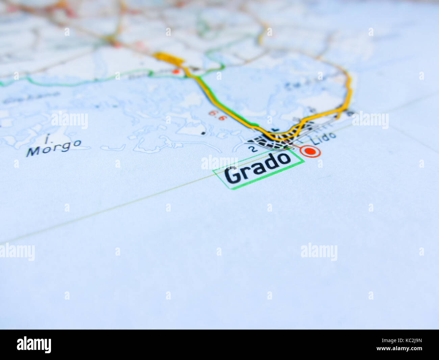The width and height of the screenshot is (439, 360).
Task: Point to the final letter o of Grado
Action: point(284,159)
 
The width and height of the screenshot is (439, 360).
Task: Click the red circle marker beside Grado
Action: point(310,151)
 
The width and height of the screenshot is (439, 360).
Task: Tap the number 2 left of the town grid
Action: point(252,149)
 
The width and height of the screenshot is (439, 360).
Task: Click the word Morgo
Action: point(54,148)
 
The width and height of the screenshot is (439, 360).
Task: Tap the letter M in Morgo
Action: point(33,152)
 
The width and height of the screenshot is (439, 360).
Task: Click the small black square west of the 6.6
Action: point(203,133)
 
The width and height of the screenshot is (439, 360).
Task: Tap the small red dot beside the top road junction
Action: point(176,71)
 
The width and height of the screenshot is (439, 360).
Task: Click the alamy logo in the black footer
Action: point(34,344)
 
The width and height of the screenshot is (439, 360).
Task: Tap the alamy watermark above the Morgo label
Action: point(70,120)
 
